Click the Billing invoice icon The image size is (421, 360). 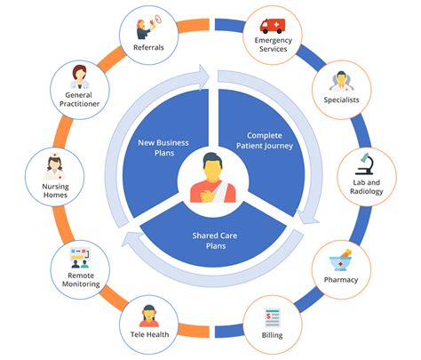click(272, 319)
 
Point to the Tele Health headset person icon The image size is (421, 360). click(148, 316)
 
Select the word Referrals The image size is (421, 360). click(147, 47)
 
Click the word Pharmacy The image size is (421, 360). click(341, 280)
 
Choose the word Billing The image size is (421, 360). click(272, 339)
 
